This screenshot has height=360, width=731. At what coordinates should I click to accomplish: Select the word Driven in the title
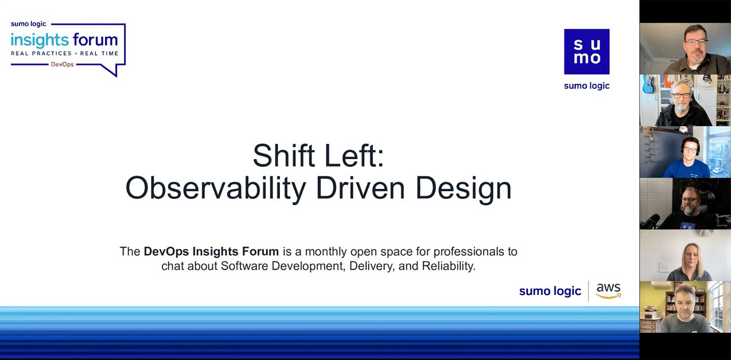[x=360, y=188]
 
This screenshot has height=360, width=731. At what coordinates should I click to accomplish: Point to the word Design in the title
[x=463, y=189]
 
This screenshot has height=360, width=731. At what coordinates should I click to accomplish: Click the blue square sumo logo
[x=587, y=52]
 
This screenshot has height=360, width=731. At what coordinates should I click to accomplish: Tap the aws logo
[x=608, y=290]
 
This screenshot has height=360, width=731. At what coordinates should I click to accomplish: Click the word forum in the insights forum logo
[x=95, y=40]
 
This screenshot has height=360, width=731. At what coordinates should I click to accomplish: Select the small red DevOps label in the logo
[x=62, y=64]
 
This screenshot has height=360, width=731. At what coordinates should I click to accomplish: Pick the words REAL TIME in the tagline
[x=99, y=53]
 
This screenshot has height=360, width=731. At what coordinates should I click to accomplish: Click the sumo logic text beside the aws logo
[x=550, y=291]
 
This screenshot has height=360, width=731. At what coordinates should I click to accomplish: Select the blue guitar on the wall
[x=648, y=84]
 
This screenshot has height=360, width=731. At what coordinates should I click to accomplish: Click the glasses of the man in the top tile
[x=696, y=41]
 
